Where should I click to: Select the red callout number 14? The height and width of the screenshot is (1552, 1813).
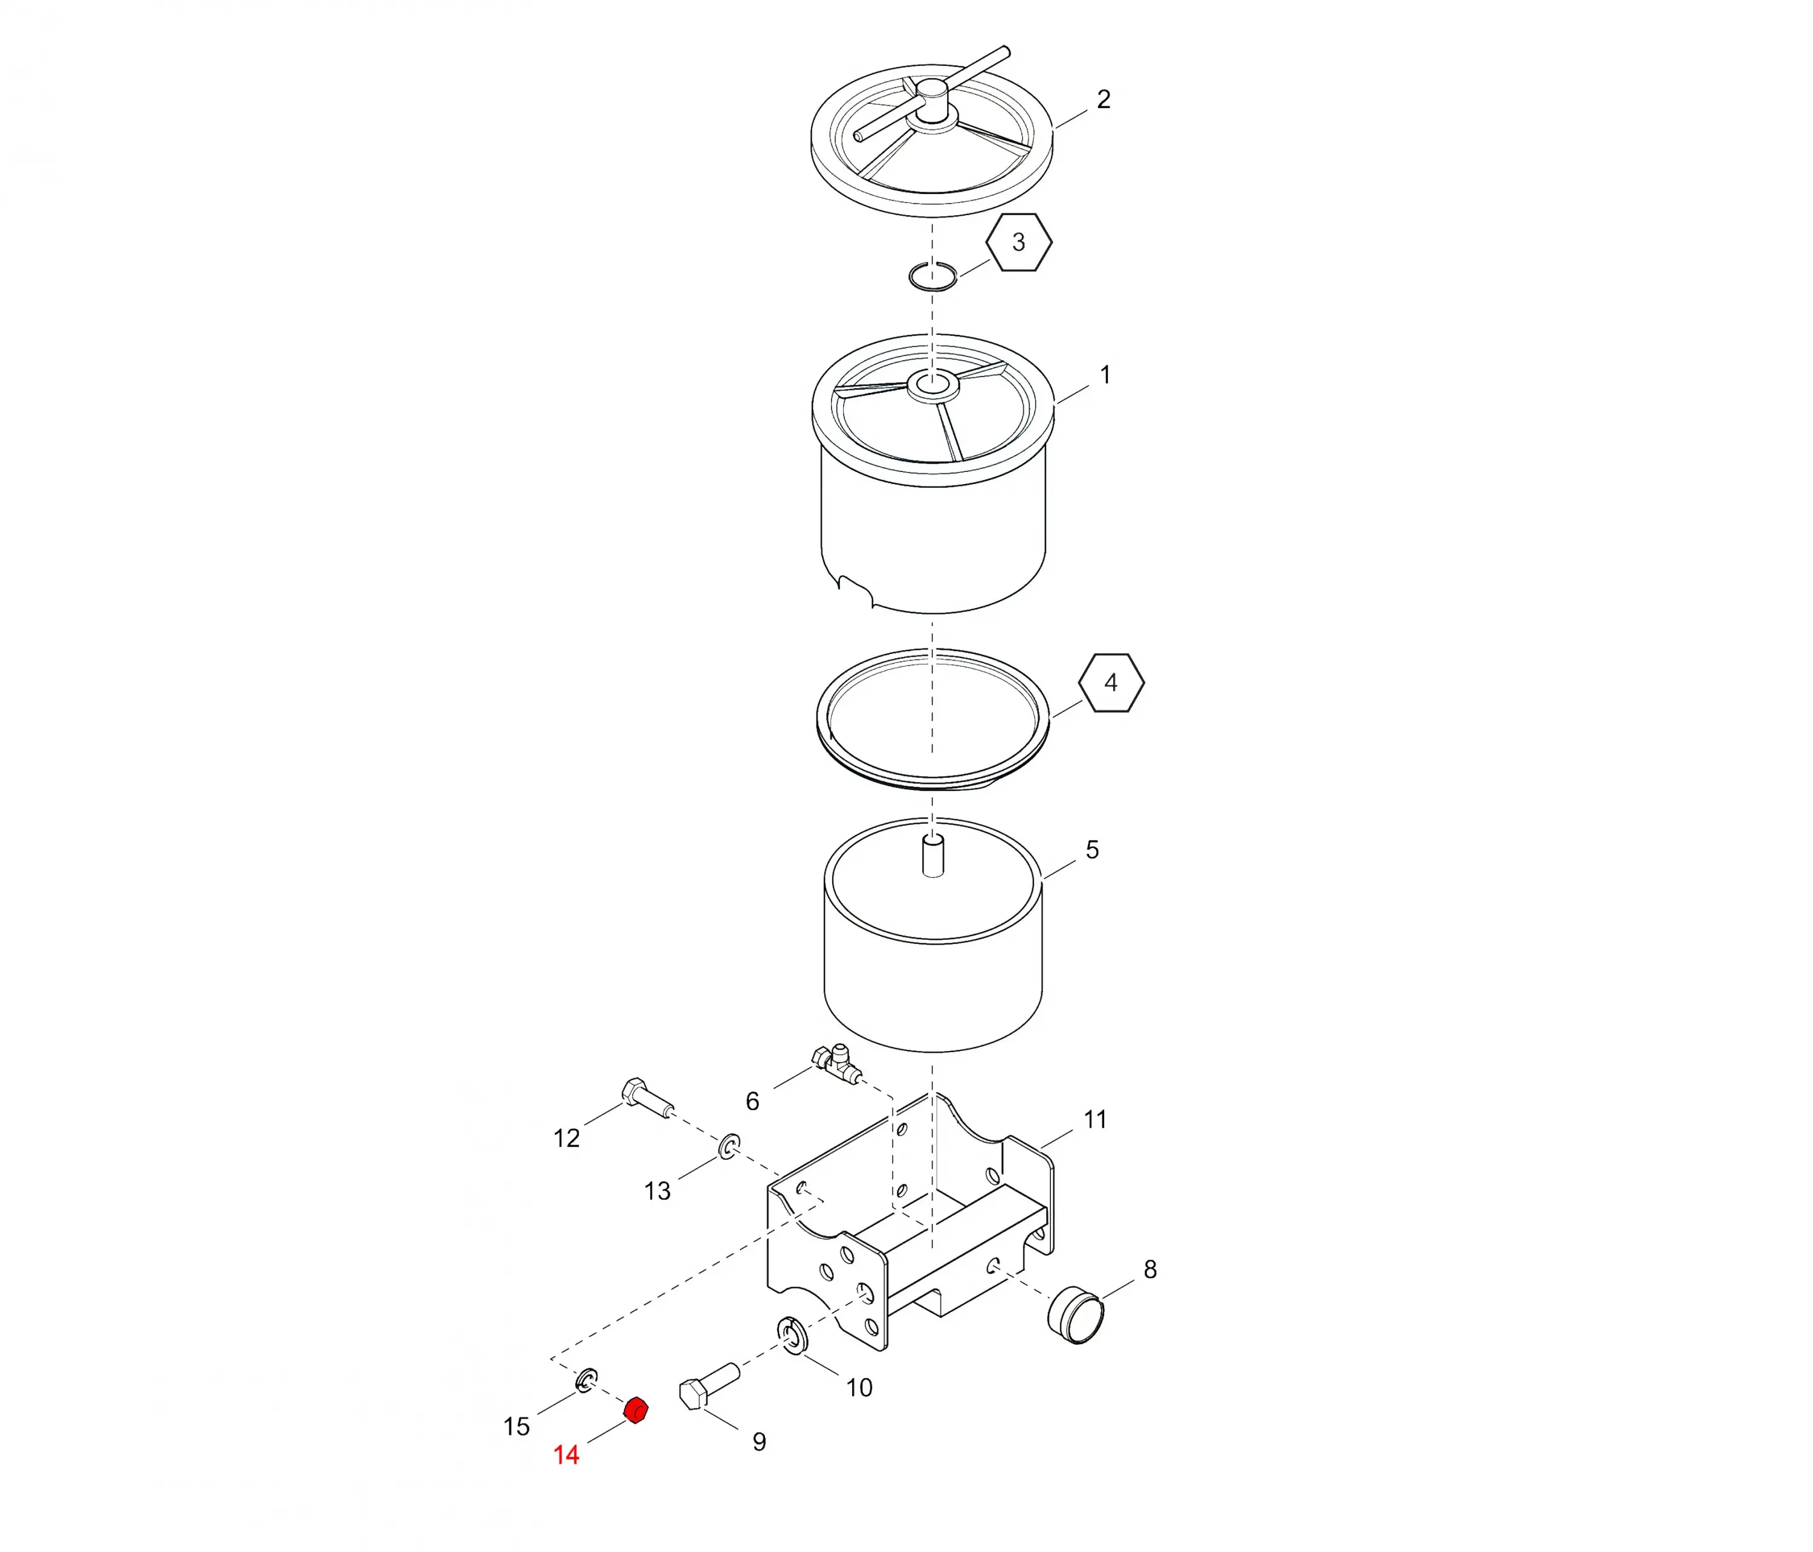(566, 1455)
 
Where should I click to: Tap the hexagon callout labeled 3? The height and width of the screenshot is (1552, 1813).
(1018, 242)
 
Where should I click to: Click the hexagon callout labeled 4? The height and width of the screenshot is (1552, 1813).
(1111, 682)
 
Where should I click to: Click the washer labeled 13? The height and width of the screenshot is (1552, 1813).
(729, 1146)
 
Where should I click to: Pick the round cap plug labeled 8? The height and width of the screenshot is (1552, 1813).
(1075, 1314)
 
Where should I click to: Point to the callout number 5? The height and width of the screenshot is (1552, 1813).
(1092, 850)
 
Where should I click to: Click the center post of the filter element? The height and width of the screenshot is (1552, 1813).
(934, 856)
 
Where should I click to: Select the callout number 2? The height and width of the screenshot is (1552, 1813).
(1104, 100)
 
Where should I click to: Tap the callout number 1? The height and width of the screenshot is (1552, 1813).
(1105, 375)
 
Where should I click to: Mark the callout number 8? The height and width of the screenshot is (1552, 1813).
(1150, 1269)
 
